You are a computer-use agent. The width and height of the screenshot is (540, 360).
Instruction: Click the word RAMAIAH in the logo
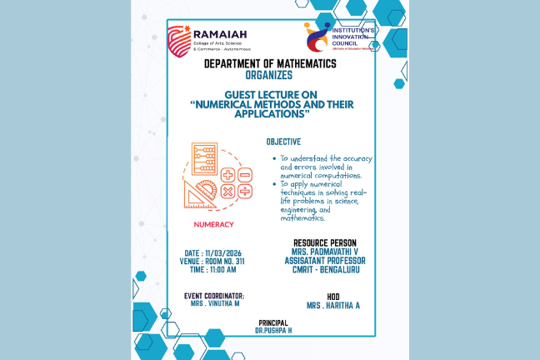pyautogui.click(x=216, y=34)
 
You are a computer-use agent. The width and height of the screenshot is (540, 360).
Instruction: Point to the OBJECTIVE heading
pyautogui.click(x=283, y=142)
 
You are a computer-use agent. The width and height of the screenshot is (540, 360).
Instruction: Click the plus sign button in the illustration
pyautogui.click(x=227, y=175)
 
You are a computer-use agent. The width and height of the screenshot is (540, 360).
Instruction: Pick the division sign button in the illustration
pyautogui.click(x=245, y=175)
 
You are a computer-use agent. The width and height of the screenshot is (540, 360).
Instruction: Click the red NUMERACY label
pyautogui.click(x=213, y=225)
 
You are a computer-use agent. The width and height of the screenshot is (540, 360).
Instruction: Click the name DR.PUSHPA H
pyautogui.click(x=274, y=331)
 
